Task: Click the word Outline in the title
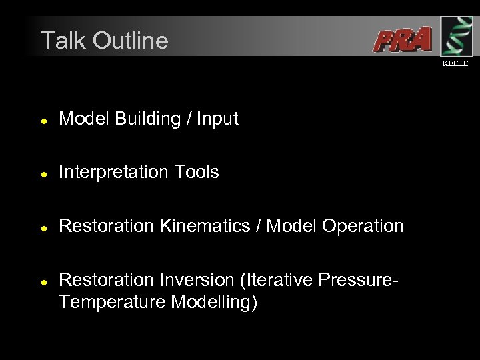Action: pyautogui.click(x=131, y=41)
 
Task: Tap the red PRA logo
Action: pyautogui.click(x=402, y=40)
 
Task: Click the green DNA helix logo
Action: pyautogui.click(x=457, y=36)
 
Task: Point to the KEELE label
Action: pyautogui.click(x=456, y=63)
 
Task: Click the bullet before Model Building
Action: pyautogui.click(x=43, y=121)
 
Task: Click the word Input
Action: pyautogui.click(x=217, y=119)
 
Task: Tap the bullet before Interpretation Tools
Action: pyautogui.click(x=43, y=174)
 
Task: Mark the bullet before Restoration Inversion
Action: pyautogui.click(x=43, y=282)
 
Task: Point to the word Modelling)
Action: pyautogui.click(x=214, y=303)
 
